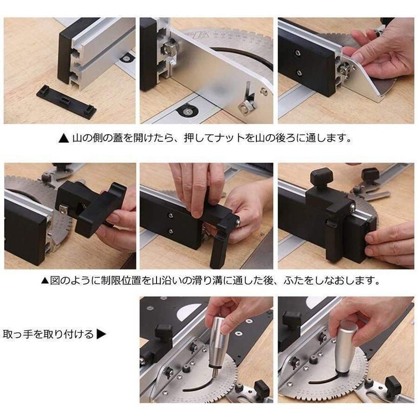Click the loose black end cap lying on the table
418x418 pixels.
point(66,101)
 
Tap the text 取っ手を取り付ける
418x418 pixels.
point(48,334)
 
